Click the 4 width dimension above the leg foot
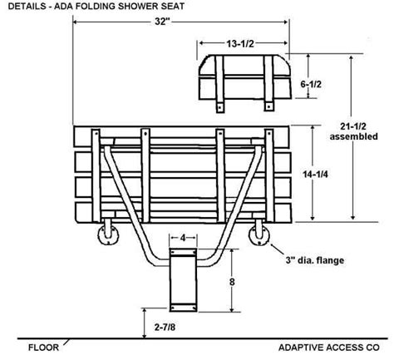click(182, 239)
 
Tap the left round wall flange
click(107, 236)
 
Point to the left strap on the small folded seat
click(220, 83)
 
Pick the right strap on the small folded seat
click(269, 83)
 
